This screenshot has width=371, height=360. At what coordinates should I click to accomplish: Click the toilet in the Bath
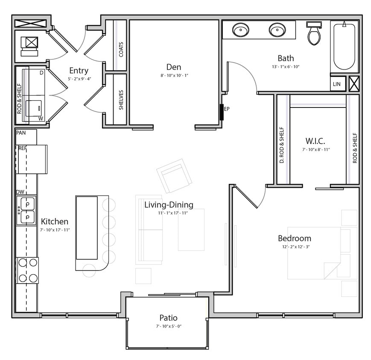pyautogui.click(x=315, y=34)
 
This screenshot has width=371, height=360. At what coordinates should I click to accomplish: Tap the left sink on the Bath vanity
pyautogui.click(x=240, y=30)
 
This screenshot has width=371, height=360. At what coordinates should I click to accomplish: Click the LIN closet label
pyautogui.click(x=337, y=84)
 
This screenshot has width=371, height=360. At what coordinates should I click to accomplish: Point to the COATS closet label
pyautogui.click(x=121, y=49)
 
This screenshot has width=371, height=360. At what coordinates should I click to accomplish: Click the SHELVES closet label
pyautogui.click(x=121, y=99)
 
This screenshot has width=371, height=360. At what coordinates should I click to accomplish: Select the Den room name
pyautogui.click(x=174, y=67)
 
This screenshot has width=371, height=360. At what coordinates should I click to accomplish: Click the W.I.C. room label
pyautogui.click(x=316, y=140)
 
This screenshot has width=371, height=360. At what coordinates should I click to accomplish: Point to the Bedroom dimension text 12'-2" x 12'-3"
pyautogui.click(x=294, y=247)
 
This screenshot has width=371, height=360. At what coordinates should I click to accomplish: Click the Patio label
pyautogui.click(x=168, y=318)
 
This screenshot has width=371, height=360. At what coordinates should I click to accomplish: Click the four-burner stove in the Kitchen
pyautogui.click(x=27, y=270)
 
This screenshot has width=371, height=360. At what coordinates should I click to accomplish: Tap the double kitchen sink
pyautogui.click(x=27, y=210)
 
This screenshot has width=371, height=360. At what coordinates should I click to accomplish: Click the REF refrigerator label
pyautogui.click(x=23, y=148)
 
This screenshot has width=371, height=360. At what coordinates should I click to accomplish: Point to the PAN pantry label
pyautogui.click(x=21, y=133)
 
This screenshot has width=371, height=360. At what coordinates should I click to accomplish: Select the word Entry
pyautogui.click(x=79, y=71)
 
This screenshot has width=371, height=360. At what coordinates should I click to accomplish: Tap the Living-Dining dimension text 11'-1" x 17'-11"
pyautogui.click(x=169, y=213)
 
